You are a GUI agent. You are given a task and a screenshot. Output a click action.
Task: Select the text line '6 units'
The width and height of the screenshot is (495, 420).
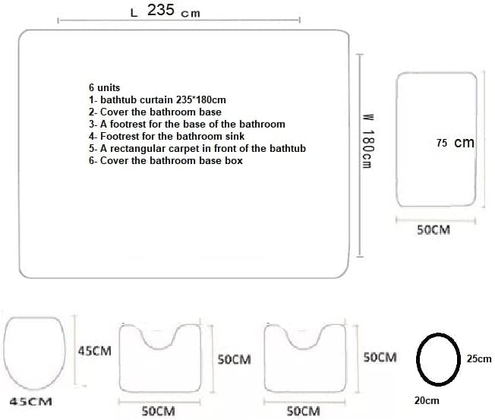(x=104, y=88)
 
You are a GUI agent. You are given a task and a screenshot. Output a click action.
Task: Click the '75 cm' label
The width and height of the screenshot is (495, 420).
(x=456, y=143)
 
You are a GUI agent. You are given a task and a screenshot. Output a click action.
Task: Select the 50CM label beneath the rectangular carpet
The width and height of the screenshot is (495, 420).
(x=434, y=229)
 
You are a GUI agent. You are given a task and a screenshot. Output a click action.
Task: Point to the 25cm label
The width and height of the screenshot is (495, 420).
(x=478, y=358)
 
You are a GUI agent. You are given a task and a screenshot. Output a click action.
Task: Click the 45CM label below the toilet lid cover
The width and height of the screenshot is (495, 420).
(x=30, y=402)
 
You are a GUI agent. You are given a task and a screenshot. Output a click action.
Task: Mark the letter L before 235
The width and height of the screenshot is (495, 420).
(x=134, y=13)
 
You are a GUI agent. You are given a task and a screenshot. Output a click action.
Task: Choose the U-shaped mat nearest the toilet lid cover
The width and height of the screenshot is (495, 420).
(x=163, y=357)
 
